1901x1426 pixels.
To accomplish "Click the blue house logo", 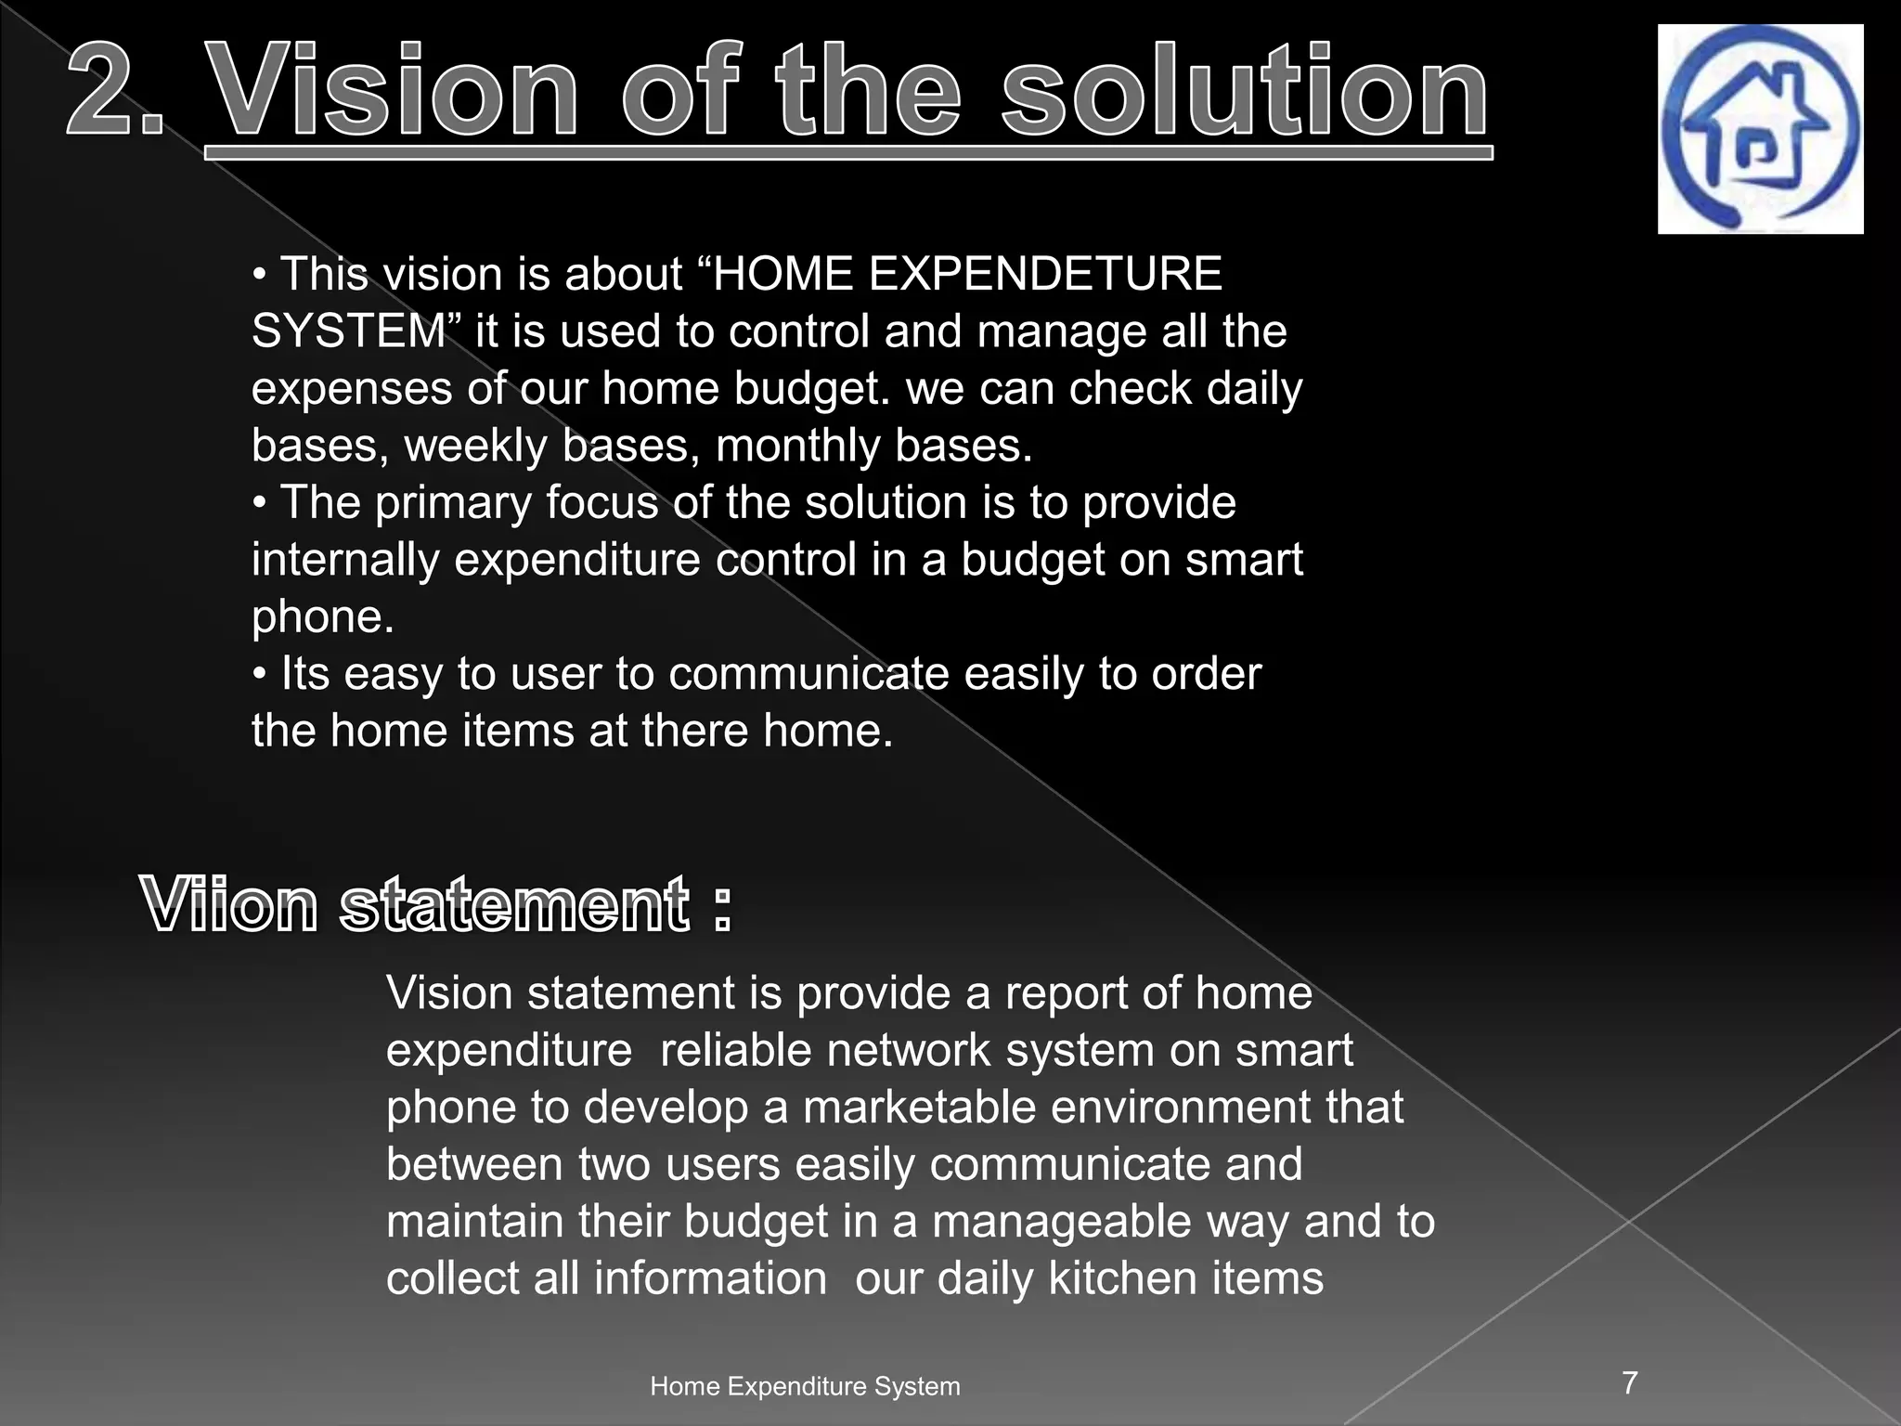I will coord(1760,129).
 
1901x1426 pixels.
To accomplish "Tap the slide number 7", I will coord(1630,1382).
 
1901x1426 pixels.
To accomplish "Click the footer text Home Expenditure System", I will coord(805,1386).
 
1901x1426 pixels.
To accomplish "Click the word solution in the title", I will coord(1245,94).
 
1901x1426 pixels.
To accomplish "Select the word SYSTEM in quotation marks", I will coord(349,331).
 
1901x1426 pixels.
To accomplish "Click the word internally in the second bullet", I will coord(345,560).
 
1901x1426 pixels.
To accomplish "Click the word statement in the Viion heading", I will coord(515,904).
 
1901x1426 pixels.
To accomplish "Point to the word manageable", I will coord(1062,1222).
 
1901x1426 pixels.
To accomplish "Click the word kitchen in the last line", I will coord(1110,1278).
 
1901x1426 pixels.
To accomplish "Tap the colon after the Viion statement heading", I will coord(722,908).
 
